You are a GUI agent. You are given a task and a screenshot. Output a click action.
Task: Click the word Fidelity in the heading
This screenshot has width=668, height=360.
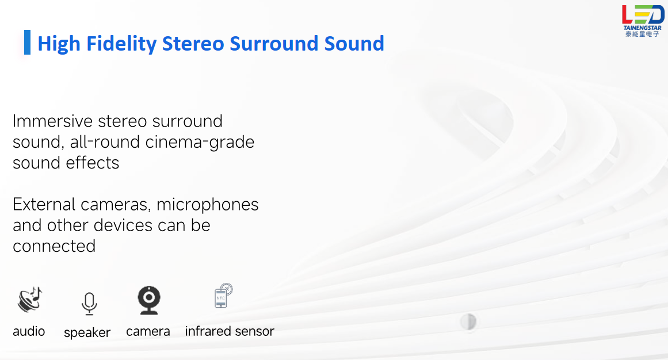point(121,44)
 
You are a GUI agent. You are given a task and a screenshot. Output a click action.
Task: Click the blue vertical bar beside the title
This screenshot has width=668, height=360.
point(27,42)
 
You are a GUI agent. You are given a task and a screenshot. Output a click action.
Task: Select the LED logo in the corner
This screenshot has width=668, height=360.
point(643,14)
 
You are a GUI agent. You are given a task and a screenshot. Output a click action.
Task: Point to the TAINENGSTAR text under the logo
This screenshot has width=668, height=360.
point(643,28)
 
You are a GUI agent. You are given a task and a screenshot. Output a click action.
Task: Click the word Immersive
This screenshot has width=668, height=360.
point(52,121)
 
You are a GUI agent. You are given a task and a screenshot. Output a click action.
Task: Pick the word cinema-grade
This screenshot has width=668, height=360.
point(200,142)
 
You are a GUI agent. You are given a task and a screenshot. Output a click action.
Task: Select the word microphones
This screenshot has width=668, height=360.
point(208,205)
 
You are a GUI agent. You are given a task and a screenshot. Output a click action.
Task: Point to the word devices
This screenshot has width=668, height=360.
point(123,225)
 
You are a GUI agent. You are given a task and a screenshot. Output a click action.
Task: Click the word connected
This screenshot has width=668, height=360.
point(54,246)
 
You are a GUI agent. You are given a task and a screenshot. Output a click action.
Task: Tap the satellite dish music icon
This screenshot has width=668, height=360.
point(30,299)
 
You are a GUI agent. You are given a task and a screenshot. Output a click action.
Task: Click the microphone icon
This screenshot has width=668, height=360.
point(89,303)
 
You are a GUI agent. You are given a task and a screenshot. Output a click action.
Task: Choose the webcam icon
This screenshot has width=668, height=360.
point(149,300)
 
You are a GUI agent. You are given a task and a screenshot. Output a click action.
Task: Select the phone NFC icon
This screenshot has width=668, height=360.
point(223,295)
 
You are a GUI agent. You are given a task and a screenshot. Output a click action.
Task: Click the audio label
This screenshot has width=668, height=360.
point(29,331)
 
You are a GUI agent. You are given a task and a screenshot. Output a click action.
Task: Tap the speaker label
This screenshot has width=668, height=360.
point(87,332)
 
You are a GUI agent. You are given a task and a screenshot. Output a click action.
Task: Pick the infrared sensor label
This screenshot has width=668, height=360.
point(230,331)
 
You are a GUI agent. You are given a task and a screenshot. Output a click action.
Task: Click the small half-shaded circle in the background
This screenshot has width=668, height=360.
point(468,321)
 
